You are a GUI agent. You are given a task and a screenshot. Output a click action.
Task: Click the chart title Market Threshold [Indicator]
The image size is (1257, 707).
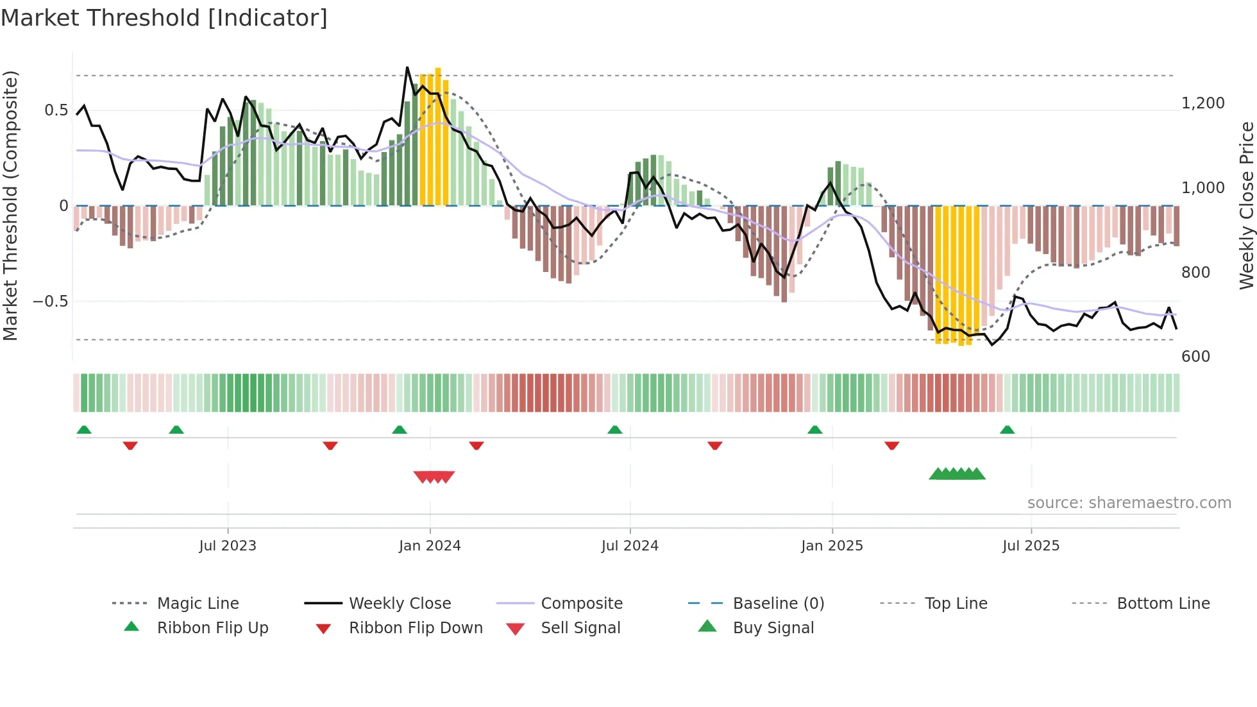pos(164,18)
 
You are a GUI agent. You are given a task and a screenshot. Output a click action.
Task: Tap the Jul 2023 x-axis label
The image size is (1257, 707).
pos(228,546)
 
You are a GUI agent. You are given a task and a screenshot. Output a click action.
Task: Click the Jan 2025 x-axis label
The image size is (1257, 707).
pos(832,546)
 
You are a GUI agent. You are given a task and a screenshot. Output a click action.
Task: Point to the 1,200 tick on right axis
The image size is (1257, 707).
pos(1202,103)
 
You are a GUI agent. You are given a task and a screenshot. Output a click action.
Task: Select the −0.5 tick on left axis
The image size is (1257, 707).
pos(50,302)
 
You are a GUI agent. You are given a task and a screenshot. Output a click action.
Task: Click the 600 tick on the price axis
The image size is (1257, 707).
pos(1195,357)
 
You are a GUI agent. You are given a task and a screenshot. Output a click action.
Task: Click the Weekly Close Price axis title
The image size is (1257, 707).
pos(1246,205)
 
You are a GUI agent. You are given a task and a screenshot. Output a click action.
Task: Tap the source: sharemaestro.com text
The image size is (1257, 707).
pos(1129,503)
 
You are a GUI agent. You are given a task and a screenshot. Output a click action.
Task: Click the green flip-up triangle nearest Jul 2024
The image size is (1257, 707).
pos(614,430)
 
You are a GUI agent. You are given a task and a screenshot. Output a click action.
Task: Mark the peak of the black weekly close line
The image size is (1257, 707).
pos(407,67)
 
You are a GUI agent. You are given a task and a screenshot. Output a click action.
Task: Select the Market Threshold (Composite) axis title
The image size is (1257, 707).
pos(10,205)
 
